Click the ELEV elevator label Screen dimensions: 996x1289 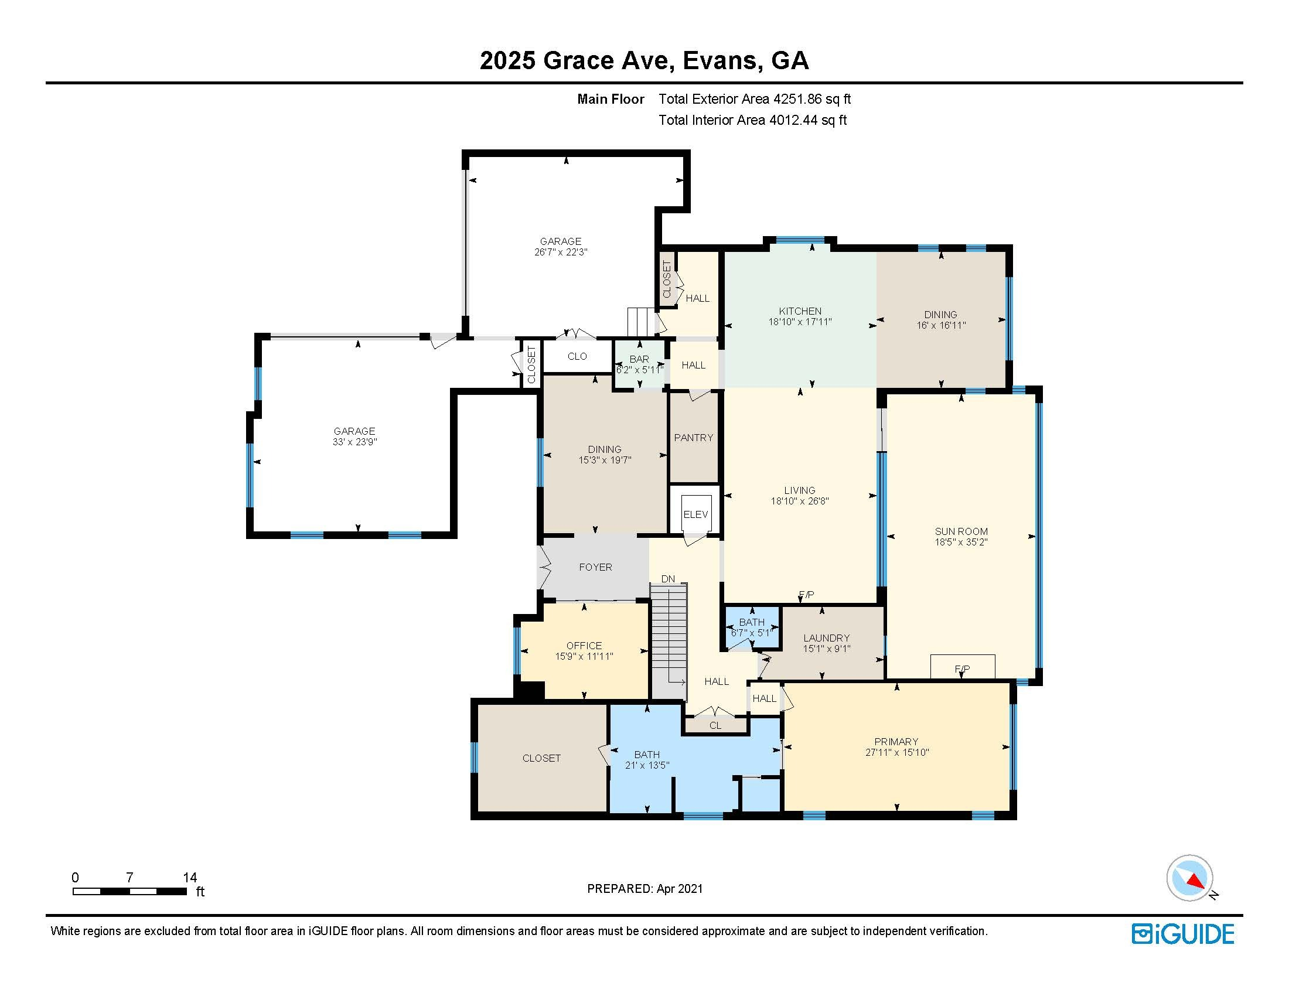695,514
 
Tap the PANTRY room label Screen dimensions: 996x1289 694,437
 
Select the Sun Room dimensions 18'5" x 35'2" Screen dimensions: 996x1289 961,542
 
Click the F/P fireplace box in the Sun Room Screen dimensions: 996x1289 963,667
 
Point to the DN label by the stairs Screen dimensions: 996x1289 668,579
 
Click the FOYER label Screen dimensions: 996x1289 595,567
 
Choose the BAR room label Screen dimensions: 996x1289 639,359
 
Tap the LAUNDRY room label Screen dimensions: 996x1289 826,638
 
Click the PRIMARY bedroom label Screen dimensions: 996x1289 896,742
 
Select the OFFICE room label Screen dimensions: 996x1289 584,646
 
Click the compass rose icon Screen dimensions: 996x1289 1189,878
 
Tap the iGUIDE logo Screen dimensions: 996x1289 1183,934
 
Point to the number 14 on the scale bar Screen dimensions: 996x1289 189,878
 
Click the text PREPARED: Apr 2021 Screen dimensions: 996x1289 644,889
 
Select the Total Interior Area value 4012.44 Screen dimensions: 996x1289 794,120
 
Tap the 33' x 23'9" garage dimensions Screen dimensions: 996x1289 354,441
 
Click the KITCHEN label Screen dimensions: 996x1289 800,311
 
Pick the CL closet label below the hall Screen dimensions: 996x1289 715,726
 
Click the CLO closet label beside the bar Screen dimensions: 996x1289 577,356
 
